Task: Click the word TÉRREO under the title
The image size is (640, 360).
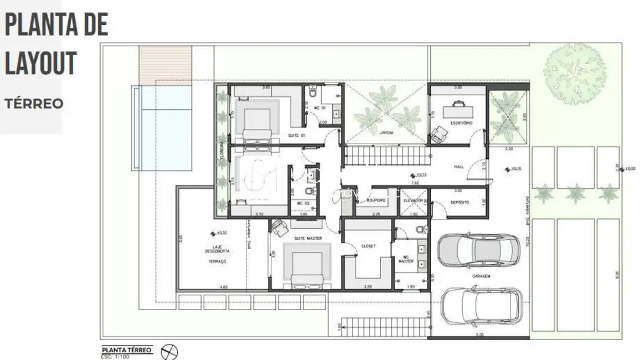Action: coord(34,104)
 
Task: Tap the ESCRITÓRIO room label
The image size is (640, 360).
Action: coord(461,123)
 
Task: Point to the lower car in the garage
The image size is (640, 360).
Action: coord(482,306)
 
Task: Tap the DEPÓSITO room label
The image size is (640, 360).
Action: coord(460,203)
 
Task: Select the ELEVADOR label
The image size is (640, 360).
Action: coord(413,200)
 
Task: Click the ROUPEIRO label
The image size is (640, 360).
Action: coord(375,200)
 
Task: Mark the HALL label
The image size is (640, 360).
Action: coord(459,166)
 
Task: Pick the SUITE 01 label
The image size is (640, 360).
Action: coord(297,136)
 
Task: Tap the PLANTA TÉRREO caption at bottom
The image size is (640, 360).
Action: coord(127,350)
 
